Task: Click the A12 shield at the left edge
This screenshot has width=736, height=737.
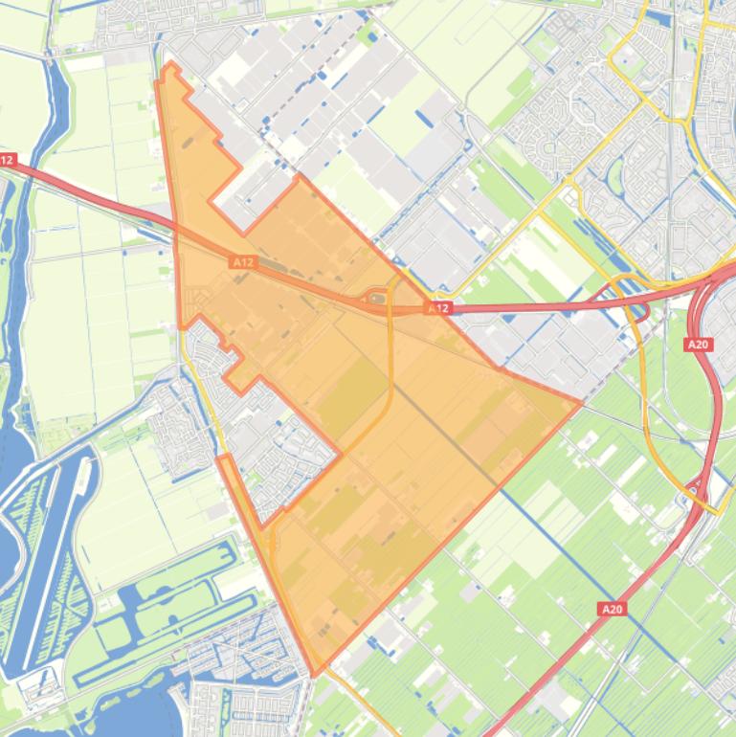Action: click(8, 160)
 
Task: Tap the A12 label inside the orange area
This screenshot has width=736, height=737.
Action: click(243, 260)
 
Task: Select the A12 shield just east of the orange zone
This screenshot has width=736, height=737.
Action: click(438, 308)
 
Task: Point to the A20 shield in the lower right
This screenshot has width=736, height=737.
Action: click(613, 609)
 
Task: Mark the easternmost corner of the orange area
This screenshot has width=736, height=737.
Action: click(581, 403)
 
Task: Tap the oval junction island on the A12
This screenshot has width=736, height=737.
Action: click(377, 301)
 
